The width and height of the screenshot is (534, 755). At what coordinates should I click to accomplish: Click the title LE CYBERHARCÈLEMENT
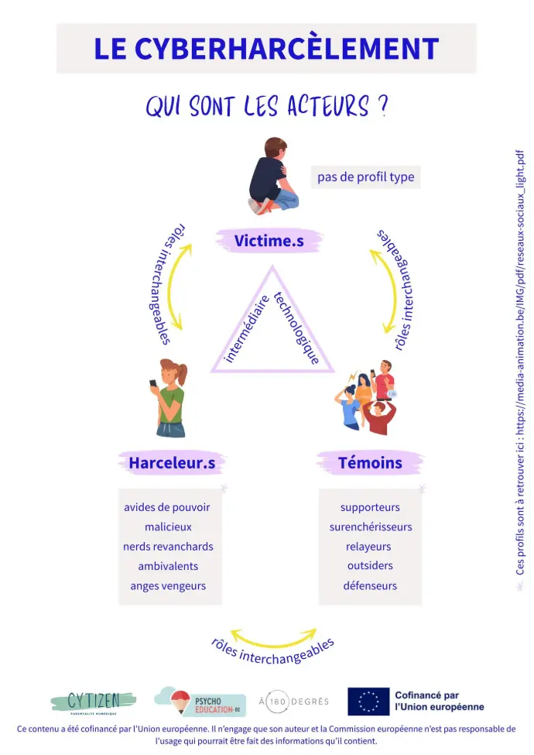266,48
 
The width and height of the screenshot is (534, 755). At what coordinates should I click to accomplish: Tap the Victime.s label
269,242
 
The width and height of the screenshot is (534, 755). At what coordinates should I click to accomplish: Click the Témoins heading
370,463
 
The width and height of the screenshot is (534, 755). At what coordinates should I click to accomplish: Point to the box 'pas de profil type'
365,177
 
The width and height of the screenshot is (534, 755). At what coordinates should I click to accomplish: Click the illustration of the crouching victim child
273,177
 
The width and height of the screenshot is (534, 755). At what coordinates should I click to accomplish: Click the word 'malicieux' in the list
168,527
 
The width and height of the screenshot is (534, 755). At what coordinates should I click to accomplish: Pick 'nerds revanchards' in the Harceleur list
168,546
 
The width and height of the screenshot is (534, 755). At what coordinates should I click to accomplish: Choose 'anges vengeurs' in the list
168,585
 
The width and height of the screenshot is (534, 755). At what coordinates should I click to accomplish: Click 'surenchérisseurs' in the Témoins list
370,527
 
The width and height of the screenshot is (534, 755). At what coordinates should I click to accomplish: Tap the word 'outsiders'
370,565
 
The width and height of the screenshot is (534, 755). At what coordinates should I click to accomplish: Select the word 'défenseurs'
370,585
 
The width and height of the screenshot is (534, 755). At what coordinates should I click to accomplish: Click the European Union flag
368,701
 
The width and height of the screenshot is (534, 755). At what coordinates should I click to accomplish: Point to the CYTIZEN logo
93,701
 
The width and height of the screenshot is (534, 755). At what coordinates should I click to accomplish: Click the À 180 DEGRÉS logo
293,702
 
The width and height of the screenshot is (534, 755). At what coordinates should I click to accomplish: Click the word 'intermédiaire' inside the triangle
247,328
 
